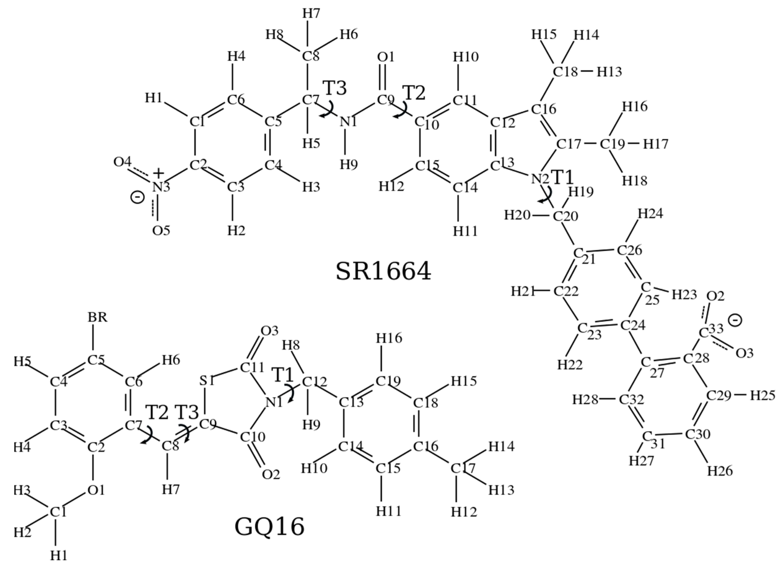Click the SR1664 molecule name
(x=383, y=271)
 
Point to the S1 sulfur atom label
(x=207, y=381)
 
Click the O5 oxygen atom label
(x=161, y=230)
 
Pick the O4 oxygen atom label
(x=122, y=161)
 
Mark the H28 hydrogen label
(x=585, y=399)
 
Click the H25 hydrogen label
(x=763, y=395)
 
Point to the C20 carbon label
(x=566, y=216)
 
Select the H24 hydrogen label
(x=650, y=214)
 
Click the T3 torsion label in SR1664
(x=335, y=88)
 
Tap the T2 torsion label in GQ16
(x=157, y=412)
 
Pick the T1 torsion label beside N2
(x=563, y=178)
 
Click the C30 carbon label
(x=697, y=434)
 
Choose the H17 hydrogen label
(x=656, y=144)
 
